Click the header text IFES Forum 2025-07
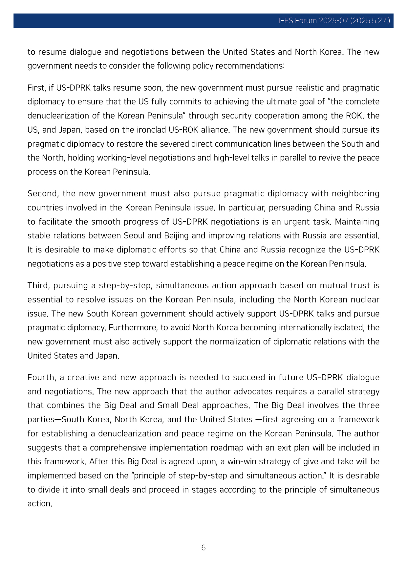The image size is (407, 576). point(313,21)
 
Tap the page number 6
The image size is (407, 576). point(203,547)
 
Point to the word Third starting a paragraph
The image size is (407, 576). point(38,285)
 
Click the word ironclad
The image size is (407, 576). point(151,130)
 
